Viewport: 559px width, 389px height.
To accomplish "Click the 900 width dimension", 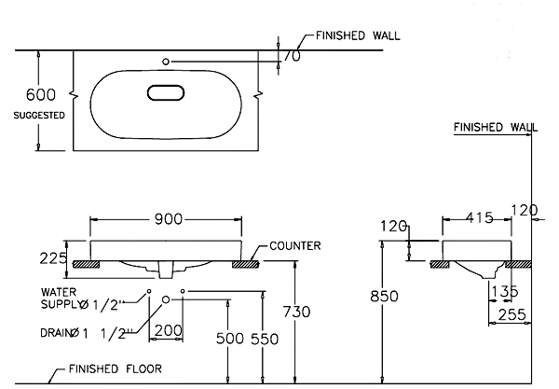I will tap(168, 220).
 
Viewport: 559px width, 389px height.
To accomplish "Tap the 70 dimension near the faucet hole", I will tap(292, 56).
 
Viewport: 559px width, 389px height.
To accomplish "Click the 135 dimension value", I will tap(503, 292).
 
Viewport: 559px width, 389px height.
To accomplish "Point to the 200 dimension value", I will tap(168, 329).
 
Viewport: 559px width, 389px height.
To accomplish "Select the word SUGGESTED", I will tap(38, 116).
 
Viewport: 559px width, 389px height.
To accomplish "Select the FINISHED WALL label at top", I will tap(359, 35).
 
